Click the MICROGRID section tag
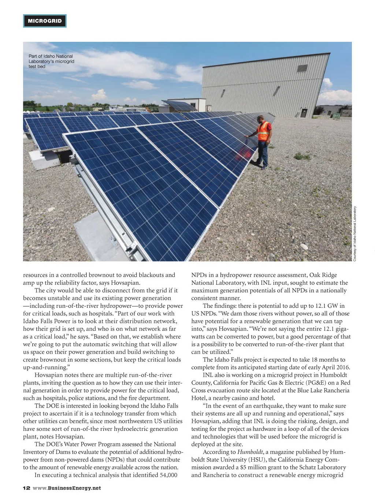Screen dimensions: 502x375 [45, 21]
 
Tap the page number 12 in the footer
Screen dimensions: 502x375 [26, 488]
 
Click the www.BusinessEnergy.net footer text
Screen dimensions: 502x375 [67, 488]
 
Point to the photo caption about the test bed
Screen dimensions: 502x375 [51, 61]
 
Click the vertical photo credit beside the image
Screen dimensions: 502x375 [354, 234]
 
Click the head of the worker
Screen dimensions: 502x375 [260, 119]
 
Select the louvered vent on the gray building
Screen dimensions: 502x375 [302, 69]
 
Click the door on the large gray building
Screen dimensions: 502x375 [304, 112]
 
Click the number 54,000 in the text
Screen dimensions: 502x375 [167, 475]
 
